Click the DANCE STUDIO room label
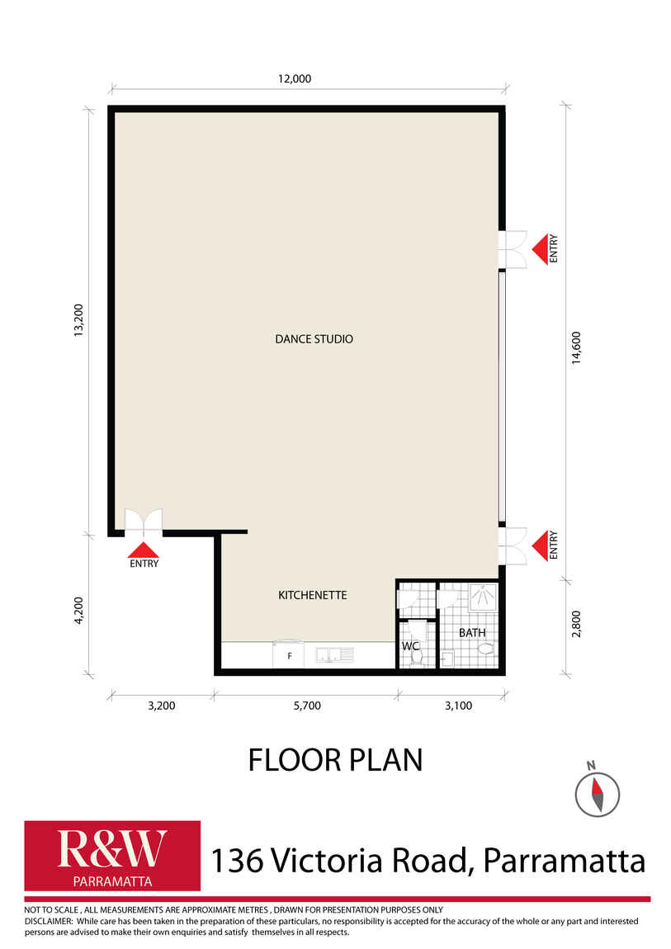pyautogui.click(x=314, y=339)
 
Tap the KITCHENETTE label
pyautogui.click(x=312, y=595)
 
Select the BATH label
pyautogui.click(x=472, y=632)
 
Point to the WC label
pyautogui.click(x=410, y=646)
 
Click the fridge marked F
pyautogui.click(x=288, y=655)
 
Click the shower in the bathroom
pyautogui.click(x=483, y=597)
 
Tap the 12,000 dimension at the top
pyautogui.click(x=295, y=78)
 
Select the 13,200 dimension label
pyautogui.click(x=78, y=320)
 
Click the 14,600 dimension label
pyautogui.click(x=576, y=347)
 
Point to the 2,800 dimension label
pyautogui.click(x=576, y=624)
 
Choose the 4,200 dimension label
pyautogui.click(x=78, y=610)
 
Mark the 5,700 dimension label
pyautogui.click(x=307, y=706)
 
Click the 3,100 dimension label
pyautogui.click(x=459, y=706)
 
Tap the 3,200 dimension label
pyautogui.click(x=162, y=706)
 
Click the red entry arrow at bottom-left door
pyautogui.click(x=144, y=550)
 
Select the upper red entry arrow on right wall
pyautogui.click(x=540, y=248)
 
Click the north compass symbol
pyautogui.click(x=597, y=791)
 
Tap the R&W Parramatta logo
pyautogui.click(x=112, y=855)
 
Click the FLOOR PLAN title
pyautogui.click(x=335, y=759)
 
